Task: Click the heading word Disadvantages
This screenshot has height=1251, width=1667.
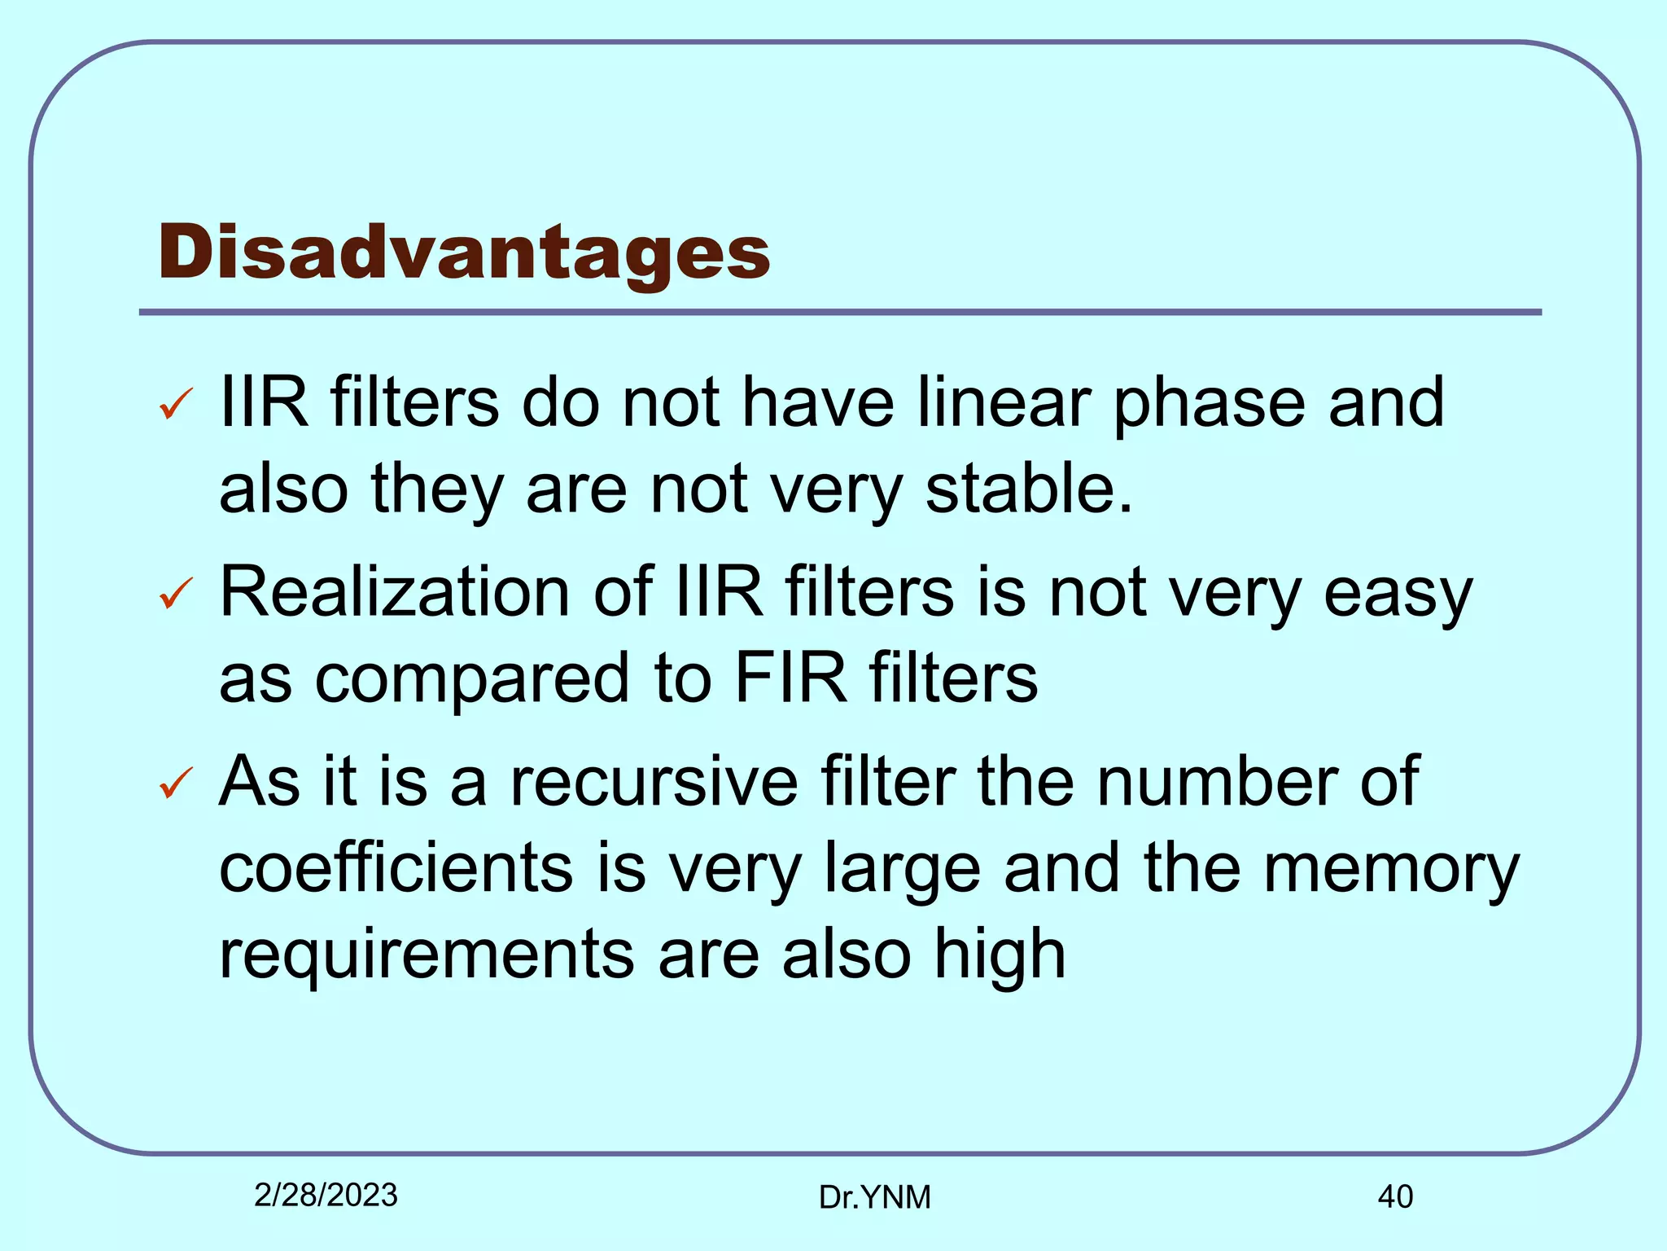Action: point(464,252)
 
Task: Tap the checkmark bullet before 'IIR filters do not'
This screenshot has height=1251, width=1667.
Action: point(176,404)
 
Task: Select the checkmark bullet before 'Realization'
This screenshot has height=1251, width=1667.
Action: point(176,593)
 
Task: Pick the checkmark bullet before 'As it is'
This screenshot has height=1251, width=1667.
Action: point(176,783)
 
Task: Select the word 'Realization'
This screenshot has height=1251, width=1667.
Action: point(395,592)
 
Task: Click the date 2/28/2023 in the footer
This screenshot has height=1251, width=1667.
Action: point(326,1196)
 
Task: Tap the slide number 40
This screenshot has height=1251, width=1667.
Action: point(1395,1197)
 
